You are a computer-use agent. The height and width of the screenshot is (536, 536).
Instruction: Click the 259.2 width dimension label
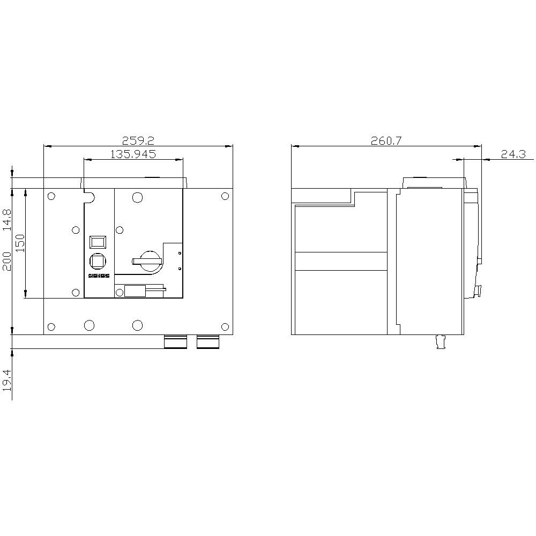pyautogui.click(x=138, y=141)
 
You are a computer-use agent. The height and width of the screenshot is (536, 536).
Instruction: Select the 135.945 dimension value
pyautogui.click(x=133, y=154)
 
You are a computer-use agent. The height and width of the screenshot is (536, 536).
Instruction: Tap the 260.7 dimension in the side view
pyautogui.click(x=386, y=141)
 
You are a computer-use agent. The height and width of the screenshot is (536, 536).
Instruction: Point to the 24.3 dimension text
pyautogui.click(x=513, y=154)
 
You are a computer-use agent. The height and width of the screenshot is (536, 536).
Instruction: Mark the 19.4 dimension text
pyautogui.click(x=6, y=380)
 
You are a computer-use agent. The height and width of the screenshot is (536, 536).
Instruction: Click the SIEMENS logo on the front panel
pyautogui.click(x=98, y=276)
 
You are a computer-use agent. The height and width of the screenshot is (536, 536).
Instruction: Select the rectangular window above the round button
pyautogui.click(x=98, y=241)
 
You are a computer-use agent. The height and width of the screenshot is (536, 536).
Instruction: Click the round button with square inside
pyautogui.click(x=98, y=260)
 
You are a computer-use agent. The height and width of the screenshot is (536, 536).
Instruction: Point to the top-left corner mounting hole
pyautogui.click(x=51, y=196)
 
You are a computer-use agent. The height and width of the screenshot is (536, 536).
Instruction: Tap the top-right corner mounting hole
pyautogui.click(x=225, y=196)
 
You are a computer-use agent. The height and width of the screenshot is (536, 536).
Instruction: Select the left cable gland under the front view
pyautogui.click(x=175, y=342)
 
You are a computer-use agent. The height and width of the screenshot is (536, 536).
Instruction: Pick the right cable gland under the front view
pyautogui.click(x=208, y=342)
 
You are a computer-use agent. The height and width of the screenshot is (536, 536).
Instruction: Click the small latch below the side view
pyautogui.click(x=441, y=342)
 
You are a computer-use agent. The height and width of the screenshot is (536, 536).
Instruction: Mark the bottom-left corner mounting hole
pyautogui.click(x=51, y=326)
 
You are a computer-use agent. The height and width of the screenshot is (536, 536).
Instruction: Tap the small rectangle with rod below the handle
pyautogui.click(x=135, y=291)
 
